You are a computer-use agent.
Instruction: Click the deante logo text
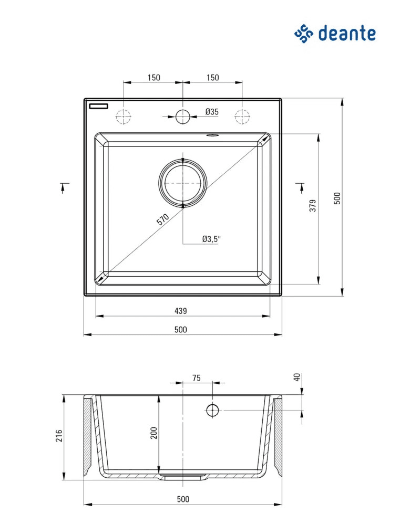[x=347, y=33]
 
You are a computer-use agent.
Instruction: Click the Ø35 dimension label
[x=212, y=112]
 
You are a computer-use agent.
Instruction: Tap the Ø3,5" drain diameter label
[x=212, y=239]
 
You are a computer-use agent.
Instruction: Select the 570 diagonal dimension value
[x=163, y=219]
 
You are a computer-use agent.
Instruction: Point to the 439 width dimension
[x=180, y=311]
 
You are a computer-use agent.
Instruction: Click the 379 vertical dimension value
[x=313, y=205]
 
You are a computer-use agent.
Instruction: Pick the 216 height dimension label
[x=59, y=436]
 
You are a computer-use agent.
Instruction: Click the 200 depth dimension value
[x=153, y=433]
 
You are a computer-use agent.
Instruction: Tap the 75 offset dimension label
[x=197, y=378]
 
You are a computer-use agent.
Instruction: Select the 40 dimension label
[x=297, y=377]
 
